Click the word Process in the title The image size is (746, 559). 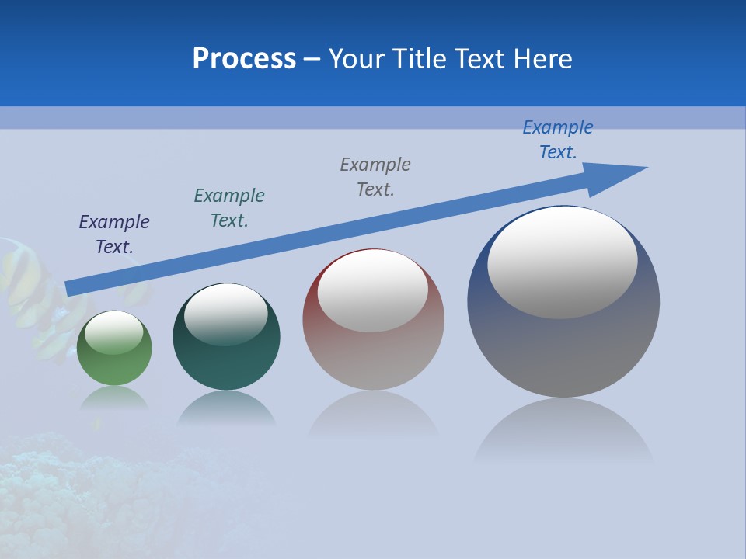point(244,59)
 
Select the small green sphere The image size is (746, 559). point(114,365)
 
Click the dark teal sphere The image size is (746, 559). point(226,365)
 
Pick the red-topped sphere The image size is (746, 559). point(373,357)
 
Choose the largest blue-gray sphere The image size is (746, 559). point(563,349)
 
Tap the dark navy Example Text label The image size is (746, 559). point(114,234)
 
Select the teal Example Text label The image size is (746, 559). point(229,208)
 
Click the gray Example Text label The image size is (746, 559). point(375,176)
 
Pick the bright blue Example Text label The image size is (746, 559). point(558,140)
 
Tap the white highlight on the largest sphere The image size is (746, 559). point(562,262)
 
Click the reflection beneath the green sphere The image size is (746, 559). point(114,398)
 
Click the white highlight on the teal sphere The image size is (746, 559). point(225,314)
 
